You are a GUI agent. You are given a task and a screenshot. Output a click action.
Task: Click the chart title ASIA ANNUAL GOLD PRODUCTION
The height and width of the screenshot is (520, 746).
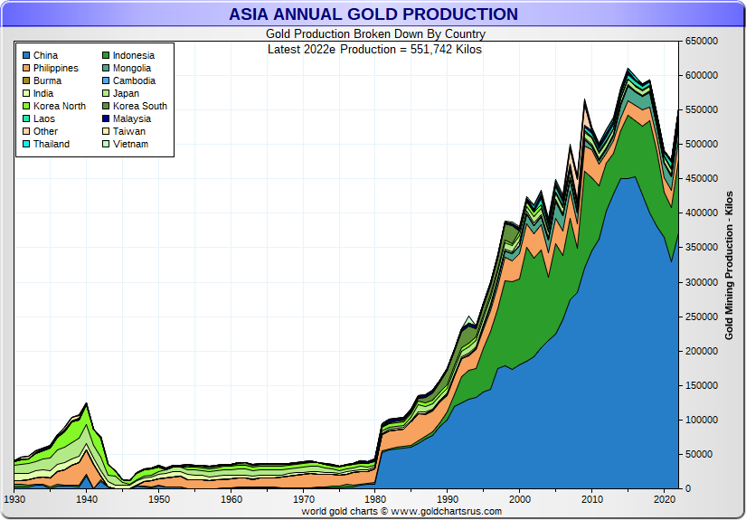373,14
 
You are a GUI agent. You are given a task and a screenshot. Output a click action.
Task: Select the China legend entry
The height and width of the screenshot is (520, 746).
45,56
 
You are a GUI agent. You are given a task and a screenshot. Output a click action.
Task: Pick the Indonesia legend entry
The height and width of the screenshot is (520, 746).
133,56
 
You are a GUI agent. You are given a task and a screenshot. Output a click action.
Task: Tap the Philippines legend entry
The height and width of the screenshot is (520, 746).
55,69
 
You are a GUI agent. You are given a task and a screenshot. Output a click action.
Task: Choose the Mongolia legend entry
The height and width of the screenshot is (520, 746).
131,69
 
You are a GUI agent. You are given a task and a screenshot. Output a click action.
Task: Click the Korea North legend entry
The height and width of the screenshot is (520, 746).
60,107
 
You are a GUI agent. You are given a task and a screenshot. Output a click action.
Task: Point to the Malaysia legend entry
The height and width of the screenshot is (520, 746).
131,119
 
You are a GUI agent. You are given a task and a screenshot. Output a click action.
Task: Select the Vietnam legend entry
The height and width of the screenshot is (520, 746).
130,145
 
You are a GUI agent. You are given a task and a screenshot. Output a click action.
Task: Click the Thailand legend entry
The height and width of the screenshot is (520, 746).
51,145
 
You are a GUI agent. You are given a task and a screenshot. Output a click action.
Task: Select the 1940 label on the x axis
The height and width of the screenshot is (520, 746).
87,499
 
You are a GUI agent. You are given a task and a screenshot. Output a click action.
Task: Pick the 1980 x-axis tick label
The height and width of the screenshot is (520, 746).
375,499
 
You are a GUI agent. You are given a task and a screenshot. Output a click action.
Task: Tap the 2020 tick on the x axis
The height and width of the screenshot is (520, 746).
664,499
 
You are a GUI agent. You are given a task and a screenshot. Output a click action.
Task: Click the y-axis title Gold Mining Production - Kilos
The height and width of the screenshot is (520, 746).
729,265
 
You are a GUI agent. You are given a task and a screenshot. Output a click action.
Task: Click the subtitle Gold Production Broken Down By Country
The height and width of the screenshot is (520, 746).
374,34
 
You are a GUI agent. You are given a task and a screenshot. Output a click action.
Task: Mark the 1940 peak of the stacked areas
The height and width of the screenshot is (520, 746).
87,403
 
